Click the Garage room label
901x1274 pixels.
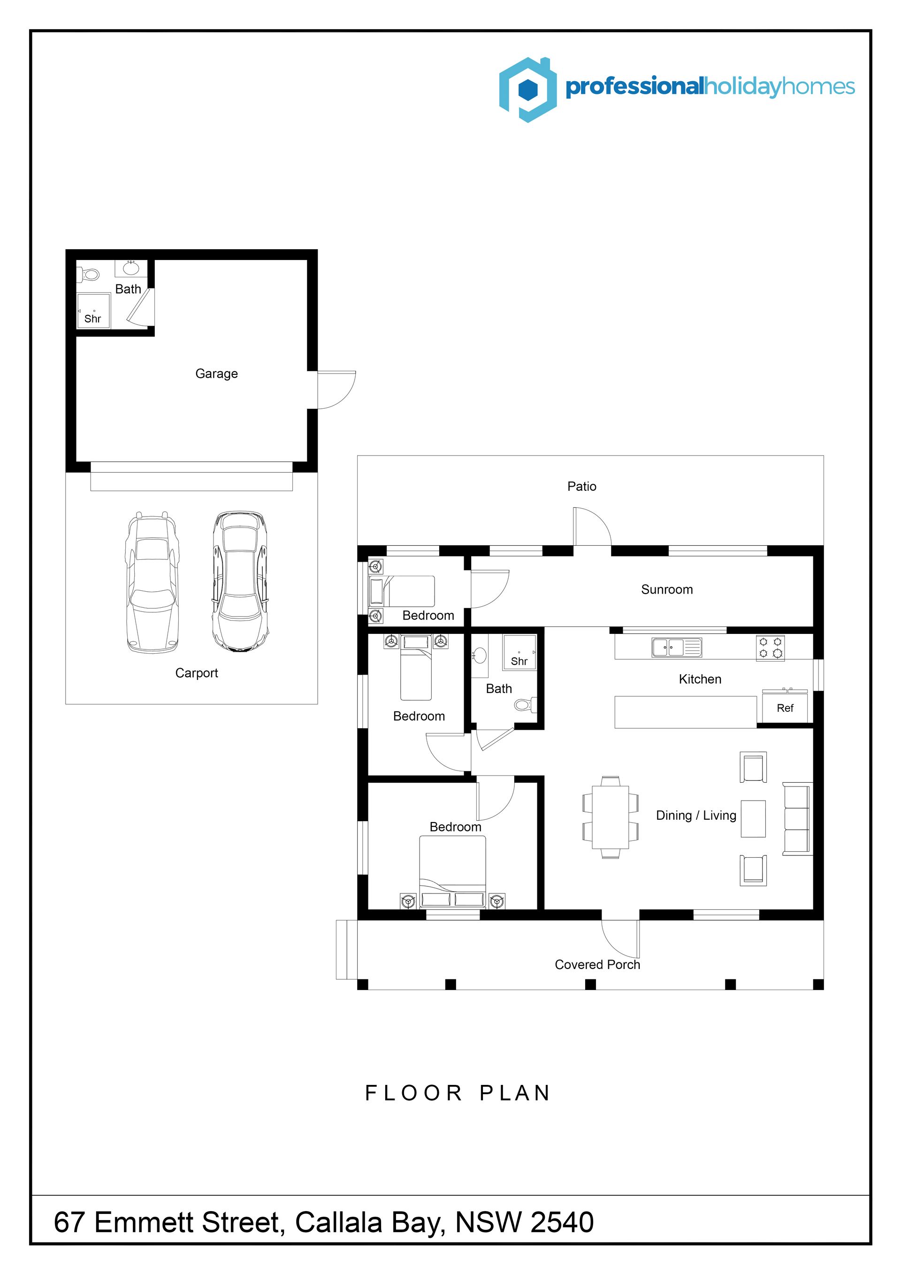(216, 374)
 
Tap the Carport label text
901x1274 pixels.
(197, 673)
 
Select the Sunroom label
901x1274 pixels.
(667, 589)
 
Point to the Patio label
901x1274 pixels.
(581, 487)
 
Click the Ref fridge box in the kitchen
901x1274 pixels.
(785, 708)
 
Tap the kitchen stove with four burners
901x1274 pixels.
(770, 648)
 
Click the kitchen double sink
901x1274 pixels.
(676, 647)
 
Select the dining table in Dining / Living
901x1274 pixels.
(610, 817)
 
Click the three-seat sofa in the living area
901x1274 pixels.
(797, 818)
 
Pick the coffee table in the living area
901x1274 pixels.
(754, 818)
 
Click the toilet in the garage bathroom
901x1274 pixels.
(88, 274)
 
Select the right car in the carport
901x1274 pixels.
(241, 581)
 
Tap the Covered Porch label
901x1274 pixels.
(597, 964)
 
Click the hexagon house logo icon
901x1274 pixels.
(527, 89)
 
